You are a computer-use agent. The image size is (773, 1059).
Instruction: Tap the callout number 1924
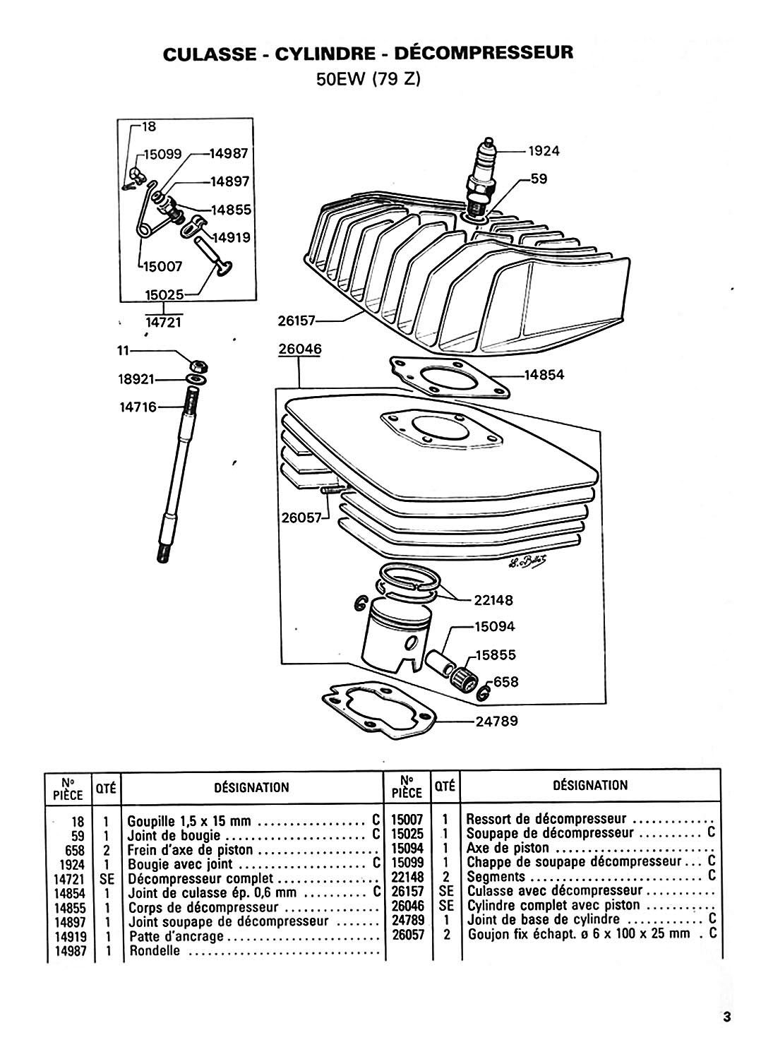pyautogui.click(x=544, y=151)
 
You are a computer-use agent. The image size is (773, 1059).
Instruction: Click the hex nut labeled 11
pyautogui.click(x=198, y=366)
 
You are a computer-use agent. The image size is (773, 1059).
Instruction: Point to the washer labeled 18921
pyautogui.click(x=196, y=380)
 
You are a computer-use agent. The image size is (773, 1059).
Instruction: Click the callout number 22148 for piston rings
pyautogui.click(x=493, y=600)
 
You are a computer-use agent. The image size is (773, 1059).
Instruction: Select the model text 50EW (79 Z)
pyautogui.click(x=368, y=79)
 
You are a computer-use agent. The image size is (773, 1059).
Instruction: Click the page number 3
pyautogui.click(x=726, y=1013)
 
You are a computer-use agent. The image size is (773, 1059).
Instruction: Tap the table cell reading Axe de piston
pyautogui.click(x=508, y=848)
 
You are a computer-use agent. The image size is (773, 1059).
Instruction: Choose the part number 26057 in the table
pyautogui.click(x=408, y=935)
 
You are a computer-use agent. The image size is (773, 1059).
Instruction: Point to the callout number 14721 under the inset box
pyautogui.click(x=164, y=323)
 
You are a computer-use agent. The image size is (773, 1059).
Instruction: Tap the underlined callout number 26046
pyautogui.click(x=300, y=349)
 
